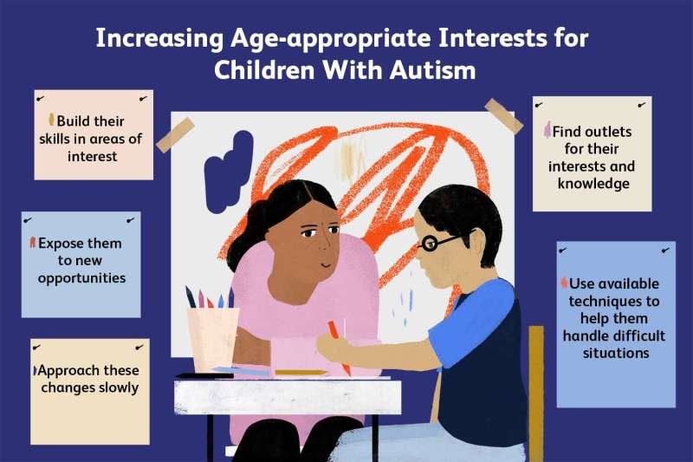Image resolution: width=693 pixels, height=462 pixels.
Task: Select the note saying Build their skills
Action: [x=93, y=134]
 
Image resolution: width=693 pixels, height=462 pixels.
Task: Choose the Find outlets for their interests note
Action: [x=592, y=156]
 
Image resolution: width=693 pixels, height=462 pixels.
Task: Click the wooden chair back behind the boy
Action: [x=535, y=381]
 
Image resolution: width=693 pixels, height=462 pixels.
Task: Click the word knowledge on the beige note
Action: [x=593, y=184]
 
